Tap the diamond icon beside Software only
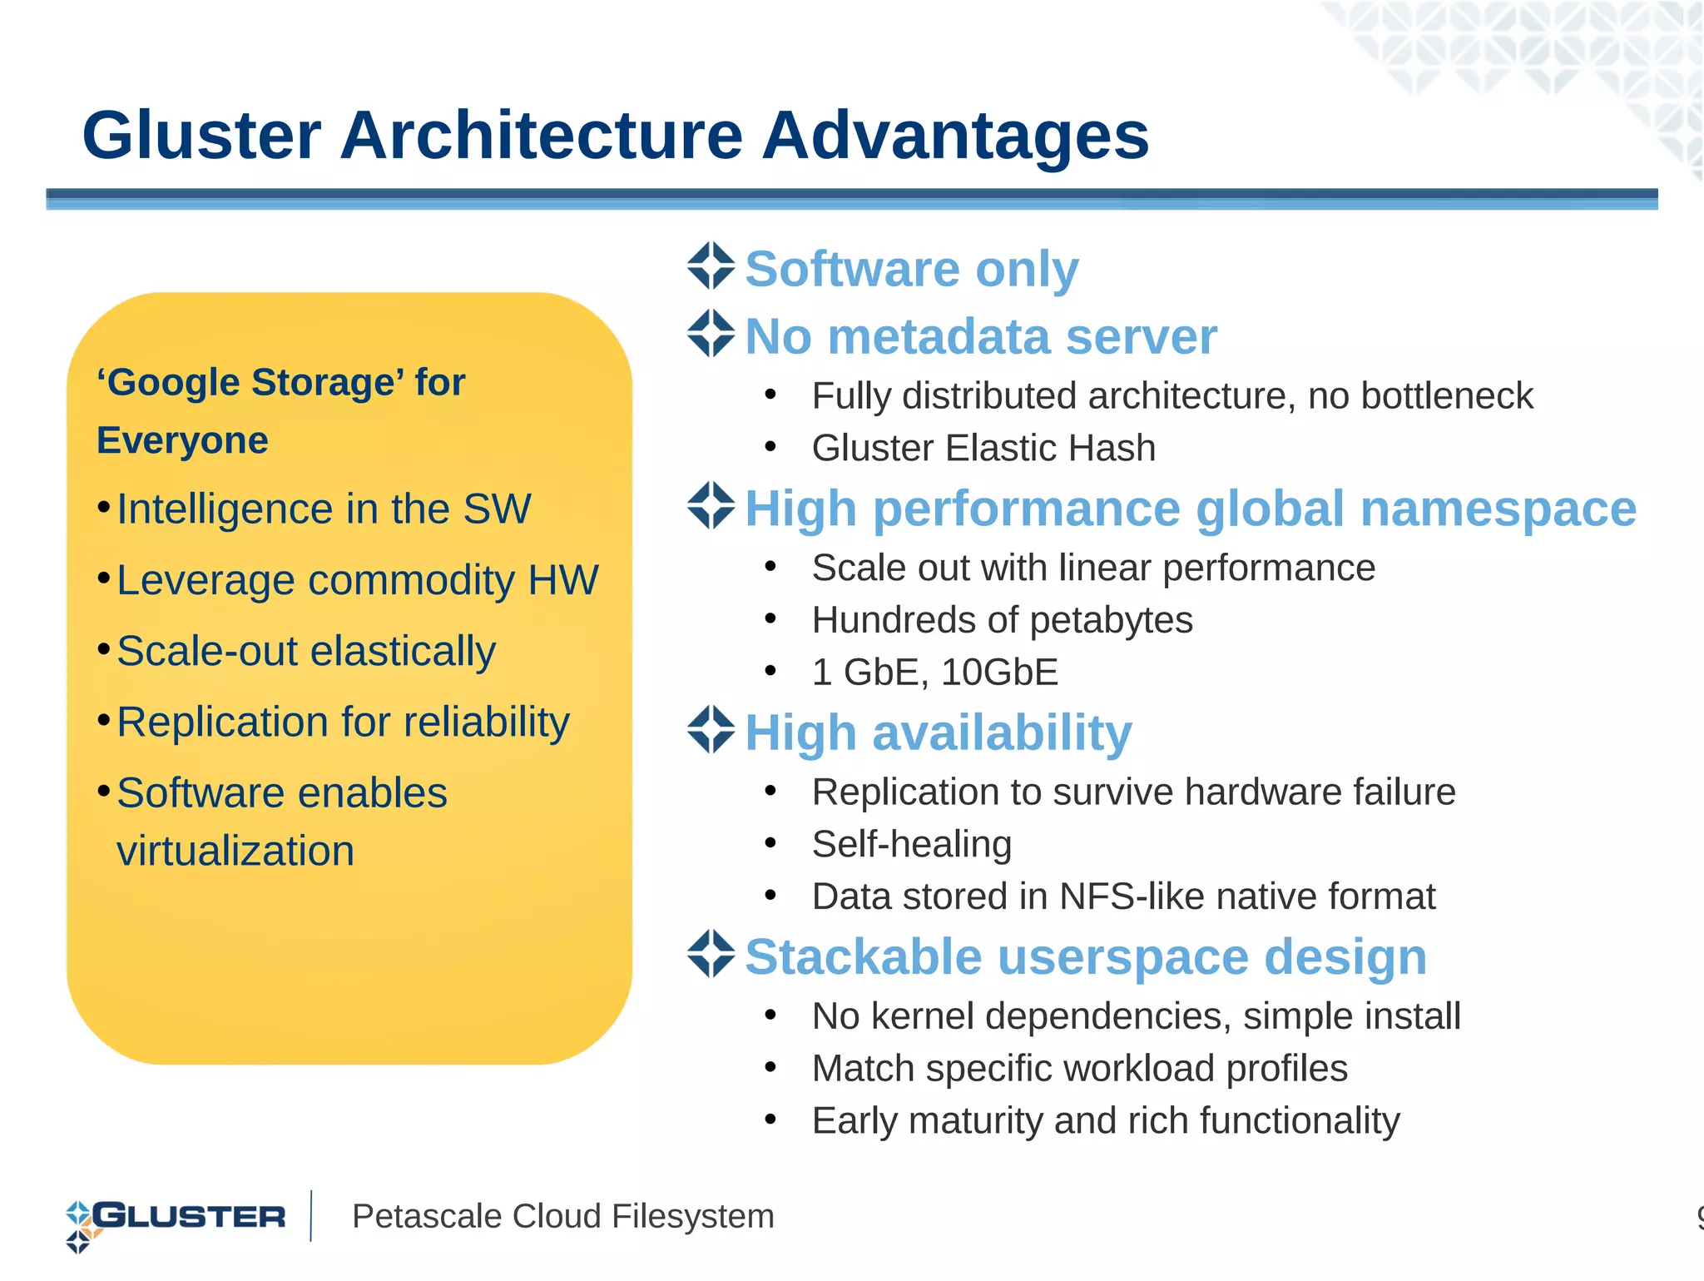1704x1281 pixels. [x=711, y=266]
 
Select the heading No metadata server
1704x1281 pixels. [x=980, y=336]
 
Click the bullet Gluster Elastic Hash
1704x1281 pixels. [x=983, y=448]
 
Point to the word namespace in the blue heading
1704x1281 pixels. [x=1498, y=509]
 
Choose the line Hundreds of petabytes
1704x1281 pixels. [x=1002, y=620]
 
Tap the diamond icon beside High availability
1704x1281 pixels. [x=711, y=730]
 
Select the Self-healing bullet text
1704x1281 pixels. [x=912, y=844]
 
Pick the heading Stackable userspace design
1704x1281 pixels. [x=1086, y=956]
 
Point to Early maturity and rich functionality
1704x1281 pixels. [x=1106, y=1120]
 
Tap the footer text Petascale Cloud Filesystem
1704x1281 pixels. [x=562, y=1216]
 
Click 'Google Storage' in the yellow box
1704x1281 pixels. [x=250, y=383]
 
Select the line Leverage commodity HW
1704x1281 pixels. [x=357, y=580]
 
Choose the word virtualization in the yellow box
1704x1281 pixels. [x=235, y=852]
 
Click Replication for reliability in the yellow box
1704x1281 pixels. [x=343, y=722]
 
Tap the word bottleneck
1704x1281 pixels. [x=1446, y=395]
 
